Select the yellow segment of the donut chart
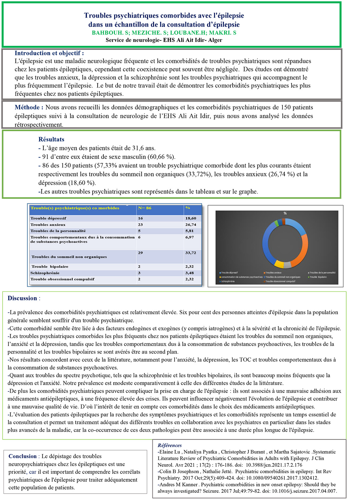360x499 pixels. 279,264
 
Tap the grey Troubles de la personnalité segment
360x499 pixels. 287,265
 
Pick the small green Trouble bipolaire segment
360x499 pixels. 276,223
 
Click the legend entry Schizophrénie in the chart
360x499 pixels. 228,281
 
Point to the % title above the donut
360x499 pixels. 285,213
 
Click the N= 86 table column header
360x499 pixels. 145,208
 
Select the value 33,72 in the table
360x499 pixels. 190,253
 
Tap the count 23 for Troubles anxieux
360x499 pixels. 140,225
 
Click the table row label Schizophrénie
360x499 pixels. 45,273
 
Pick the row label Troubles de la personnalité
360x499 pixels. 58,231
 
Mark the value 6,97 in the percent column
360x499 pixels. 189,237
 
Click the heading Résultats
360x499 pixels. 51,139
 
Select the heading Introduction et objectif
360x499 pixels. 49,53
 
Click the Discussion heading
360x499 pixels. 22,298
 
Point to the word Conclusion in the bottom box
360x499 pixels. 22,456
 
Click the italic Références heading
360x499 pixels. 169,445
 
